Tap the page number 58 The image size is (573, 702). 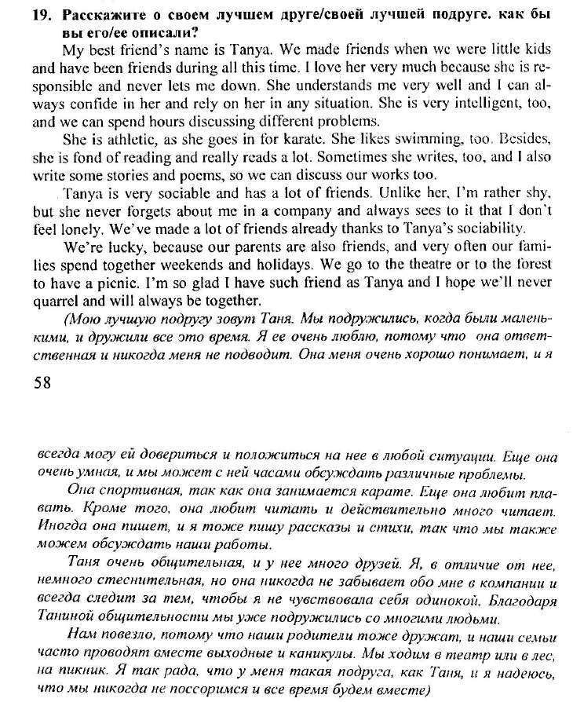(x=45, y=383)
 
